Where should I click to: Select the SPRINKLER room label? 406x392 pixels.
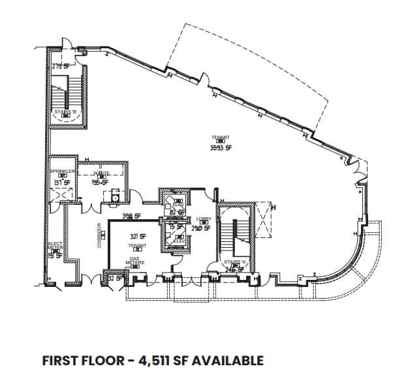pos(63,172)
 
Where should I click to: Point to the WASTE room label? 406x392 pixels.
pos(101,172)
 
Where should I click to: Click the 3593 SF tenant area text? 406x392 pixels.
pos(221,147)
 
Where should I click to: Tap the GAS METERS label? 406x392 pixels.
pos(136,260)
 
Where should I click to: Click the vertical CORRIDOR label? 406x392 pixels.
pos(99,235)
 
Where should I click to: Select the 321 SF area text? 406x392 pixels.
pos(137,236)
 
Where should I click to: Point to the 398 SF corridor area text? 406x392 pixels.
pos(132,216)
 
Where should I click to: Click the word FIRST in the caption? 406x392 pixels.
pos(59,361)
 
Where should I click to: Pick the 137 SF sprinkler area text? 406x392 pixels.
pos(63,183)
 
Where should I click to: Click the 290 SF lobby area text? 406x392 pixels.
pos(200,228)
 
